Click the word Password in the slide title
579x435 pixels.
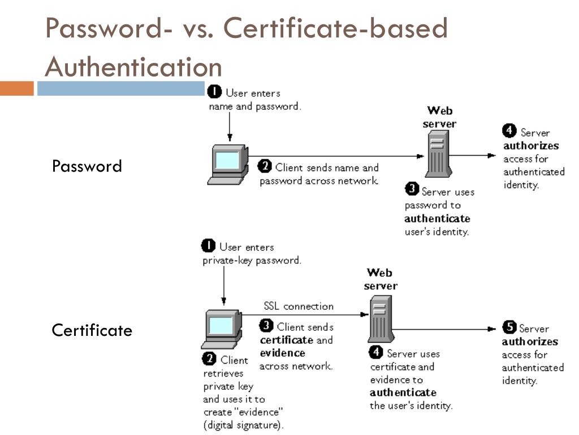pos(105,28)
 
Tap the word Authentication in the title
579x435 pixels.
pos(133,67)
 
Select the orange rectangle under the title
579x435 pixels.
pos(17,89)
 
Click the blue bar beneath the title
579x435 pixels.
pos(120,89)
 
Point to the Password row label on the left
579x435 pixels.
pos(87,166)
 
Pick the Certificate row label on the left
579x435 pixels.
pos(92,330)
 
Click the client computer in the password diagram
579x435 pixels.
pos(228,164)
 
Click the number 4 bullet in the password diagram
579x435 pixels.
pos(509,131)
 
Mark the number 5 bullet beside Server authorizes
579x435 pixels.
pos(509,327)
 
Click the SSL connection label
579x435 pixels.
pos(299,306)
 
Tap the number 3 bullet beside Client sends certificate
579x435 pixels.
pos(266,326)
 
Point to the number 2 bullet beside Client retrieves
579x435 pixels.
pos(210,359)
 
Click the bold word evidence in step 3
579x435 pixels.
pos(282,353)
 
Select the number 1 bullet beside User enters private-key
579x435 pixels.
pos(209,246)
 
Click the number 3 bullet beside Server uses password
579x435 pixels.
pos(412,190)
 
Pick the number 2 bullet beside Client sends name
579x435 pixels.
pos(265,166)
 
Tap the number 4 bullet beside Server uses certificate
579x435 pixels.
pos(376,352)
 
